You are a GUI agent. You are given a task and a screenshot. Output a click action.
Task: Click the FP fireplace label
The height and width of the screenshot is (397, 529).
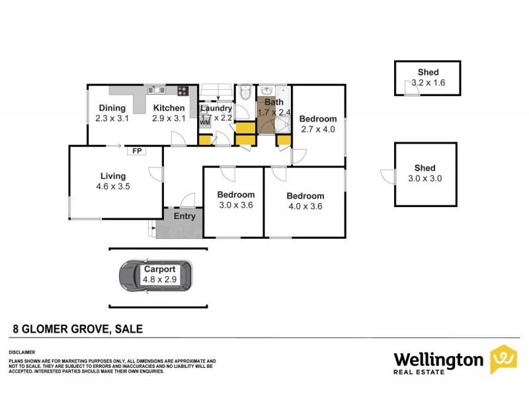(x=137, y=151)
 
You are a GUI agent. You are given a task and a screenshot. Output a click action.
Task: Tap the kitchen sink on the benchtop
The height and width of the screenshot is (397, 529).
(x=156, y=91)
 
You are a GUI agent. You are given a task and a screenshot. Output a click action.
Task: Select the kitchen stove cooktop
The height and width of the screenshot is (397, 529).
(x=183, y=91)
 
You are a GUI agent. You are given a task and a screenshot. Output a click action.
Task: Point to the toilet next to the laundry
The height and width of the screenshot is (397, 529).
(x=245, y=93)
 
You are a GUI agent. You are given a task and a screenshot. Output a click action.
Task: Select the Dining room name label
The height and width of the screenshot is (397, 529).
(x=112, y=109)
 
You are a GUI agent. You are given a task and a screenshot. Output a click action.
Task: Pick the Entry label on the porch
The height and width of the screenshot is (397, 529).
(x=184, y=216)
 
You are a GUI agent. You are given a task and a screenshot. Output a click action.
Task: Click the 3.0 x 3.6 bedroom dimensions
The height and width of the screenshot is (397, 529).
(x=236, y=205)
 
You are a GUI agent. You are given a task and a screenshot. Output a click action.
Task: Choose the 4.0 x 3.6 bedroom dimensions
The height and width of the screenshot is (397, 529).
(x=305, y=206)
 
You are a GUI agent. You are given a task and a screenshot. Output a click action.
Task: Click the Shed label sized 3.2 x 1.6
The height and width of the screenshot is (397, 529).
(x=428, y=73)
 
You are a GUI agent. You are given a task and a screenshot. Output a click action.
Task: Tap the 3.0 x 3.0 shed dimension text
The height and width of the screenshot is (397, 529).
(x=425, y=179)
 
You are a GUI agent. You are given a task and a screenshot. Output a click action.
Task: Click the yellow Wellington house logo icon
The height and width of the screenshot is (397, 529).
(x=503, y=359)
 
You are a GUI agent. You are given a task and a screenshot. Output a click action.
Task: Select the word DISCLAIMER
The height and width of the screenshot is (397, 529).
(x=21, y=352)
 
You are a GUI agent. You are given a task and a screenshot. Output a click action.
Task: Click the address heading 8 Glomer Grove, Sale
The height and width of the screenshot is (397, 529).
(x=79, y=328)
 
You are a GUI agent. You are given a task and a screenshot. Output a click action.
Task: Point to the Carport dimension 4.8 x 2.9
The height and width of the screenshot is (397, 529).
(x=159, y=280)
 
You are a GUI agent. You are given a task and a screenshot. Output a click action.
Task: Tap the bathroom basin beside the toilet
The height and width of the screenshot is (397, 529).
(x=266, y=91)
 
